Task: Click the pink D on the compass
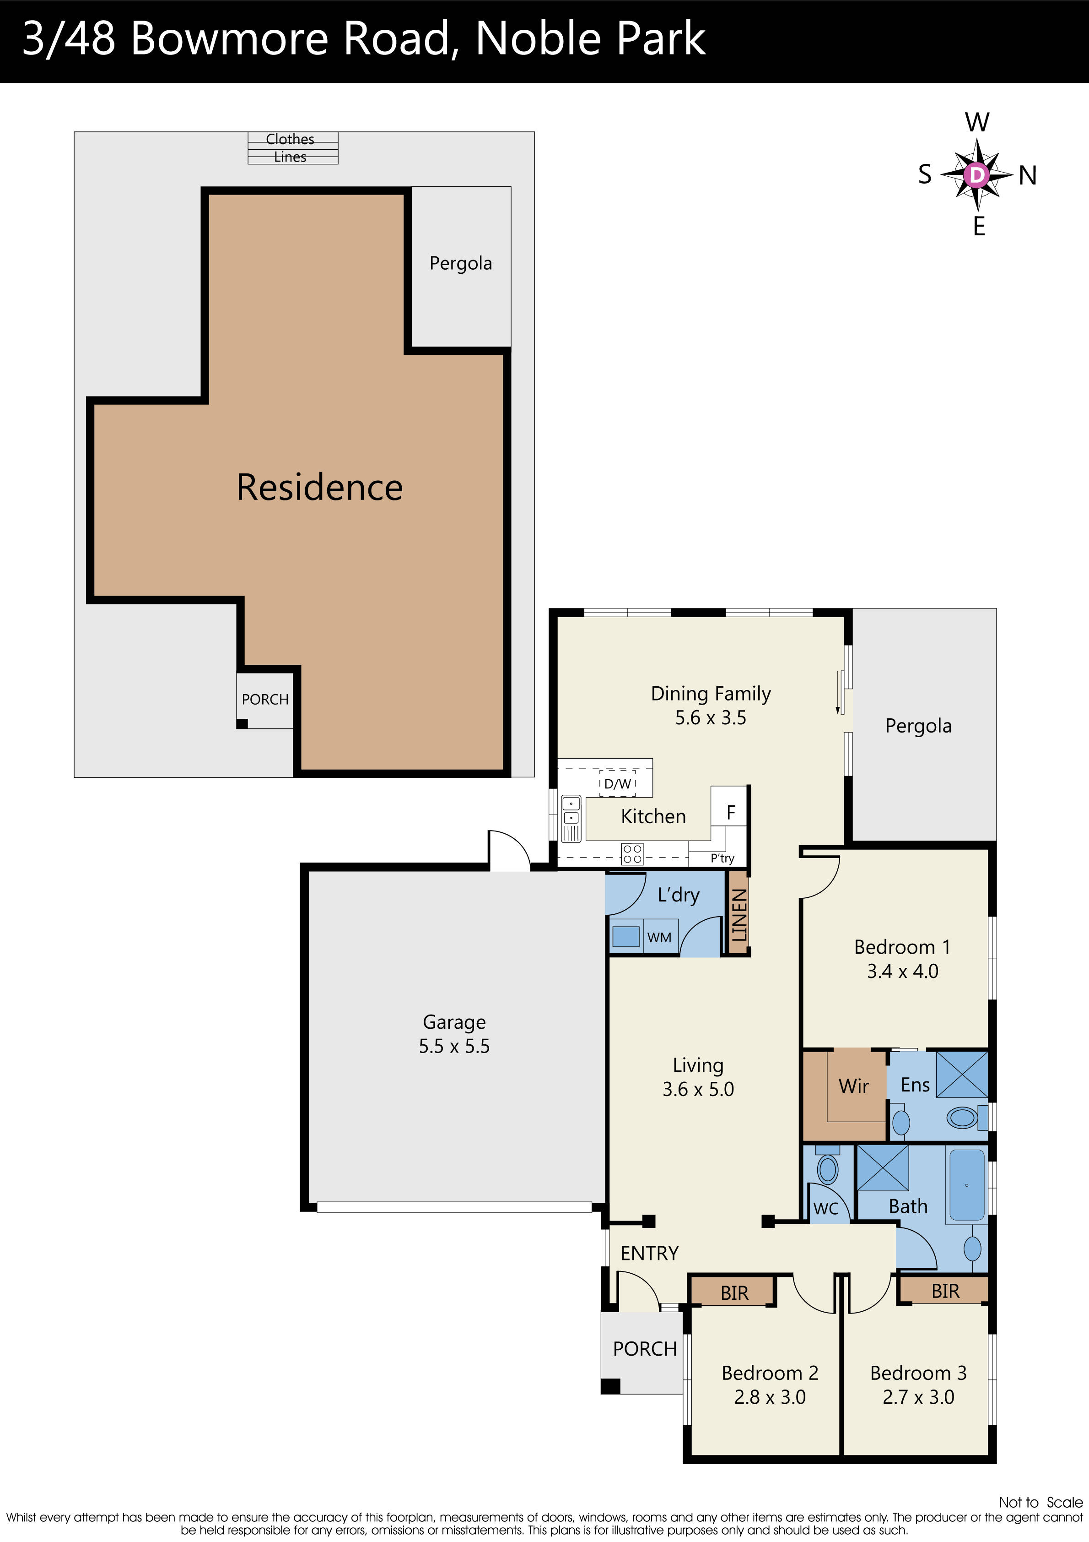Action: (977, 175)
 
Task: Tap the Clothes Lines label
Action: (290, 148)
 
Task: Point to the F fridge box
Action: (730, 813)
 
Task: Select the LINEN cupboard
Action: (739, 914)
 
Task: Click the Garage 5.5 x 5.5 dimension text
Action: (454, 1046)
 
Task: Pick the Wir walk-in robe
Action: (853, 1086)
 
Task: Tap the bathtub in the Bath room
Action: (967, 1185)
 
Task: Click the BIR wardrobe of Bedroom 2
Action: (734, 1293)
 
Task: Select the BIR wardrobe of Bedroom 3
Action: (945, 1291)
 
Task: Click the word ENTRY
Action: (649, 1253)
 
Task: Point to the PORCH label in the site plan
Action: (265, 699)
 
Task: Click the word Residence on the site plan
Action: (319, 487)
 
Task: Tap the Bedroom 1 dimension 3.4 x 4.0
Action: (902, 971)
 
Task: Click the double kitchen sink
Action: (571, 811)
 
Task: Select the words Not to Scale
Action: (1040, 1502)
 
